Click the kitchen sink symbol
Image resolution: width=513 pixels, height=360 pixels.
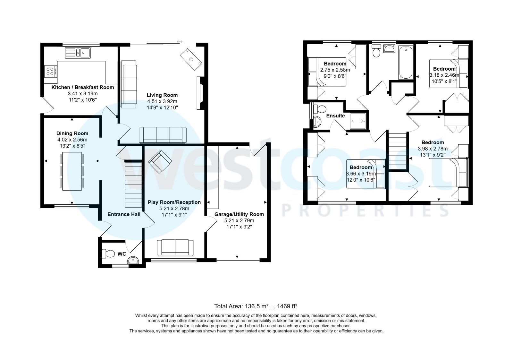[78, 53]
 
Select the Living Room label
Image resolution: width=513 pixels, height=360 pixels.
[162, 95]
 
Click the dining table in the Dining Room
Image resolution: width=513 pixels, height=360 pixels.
[72, 171]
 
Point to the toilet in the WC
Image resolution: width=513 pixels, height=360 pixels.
[108, 254]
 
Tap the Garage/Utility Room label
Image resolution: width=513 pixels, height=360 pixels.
[239, 214]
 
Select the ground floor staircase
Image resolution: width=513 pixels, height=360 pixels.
[133, 185]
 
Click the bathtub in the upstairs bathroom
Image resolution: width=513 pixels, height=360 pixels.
[406, 62]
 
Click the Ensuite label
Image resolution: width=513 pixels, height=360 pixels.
[335, 116]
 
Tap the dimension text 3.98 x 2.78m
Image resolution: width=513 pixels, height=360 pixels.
[433, 149]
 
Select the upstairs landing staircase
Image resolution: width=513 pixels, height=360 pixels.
[398, 151]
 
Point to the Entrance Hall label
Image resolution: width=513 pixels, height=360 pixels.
[124, 214]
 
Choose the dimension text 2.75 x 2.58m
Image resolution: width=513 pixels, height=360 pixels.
[335, 70]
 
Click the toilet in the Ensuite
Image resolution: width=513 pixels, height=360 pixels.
[319, 109]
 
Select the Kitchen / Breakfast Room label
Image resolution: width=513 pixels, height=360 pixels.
[83, 87]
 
